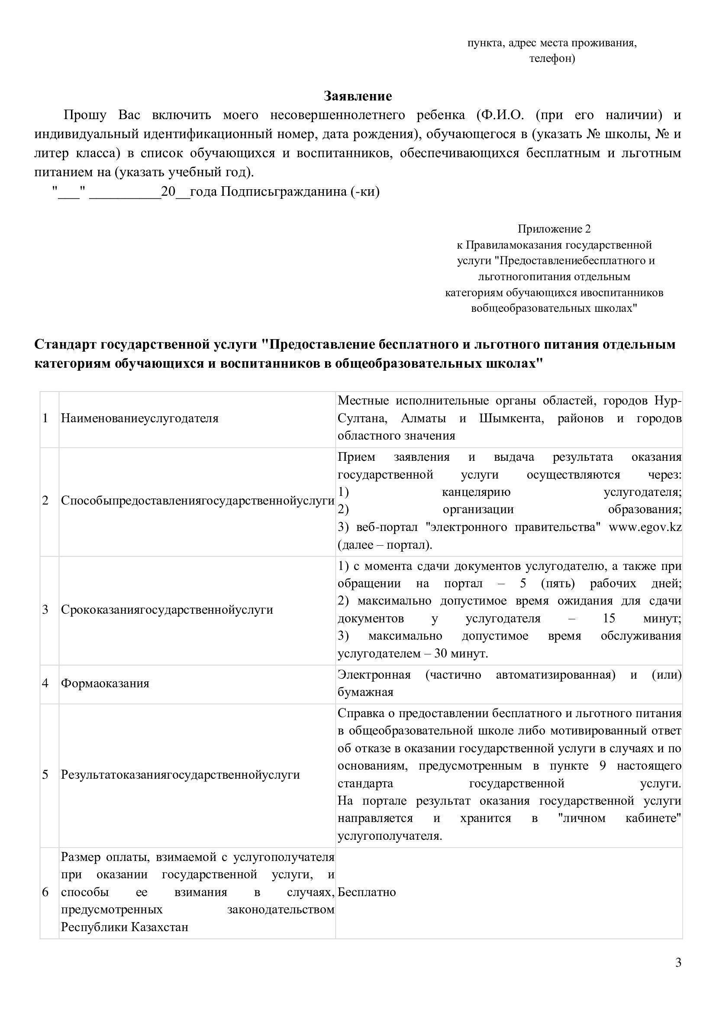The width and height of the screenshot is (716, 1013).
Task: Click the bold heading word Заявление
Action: (358, 96)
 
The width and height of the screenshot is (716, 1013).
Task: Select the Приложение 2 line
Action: (554, 229)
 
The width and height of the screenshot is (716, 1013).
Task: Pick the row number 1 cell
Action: (45, 418)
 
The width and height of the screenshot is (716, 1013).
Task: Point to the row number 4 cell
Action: (45, 683)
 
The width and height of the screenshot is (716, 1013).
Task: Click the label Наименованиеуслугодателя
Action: (140, 418)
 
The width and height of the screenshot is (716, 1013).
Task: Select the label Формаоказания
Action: (105, 683)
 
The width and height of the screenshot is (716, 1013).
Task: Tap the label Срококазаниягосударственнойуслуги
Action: (167, 610)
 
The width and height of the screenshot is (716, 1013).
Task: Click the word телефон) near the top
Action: (552, 58)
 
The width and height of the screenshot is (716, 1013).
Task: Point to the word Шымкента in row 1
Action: (511, 418)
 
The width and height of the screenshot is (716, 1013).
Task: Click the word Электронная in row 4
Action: (374, 675)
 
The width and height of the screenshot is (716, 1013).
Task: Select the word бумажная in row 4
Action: (365, 692)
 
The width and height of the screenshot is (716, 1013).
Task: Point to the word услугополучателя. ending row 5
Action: (390, 836)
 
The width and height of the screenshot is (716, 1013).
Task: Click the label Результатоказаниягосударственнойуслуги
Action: (181, 775)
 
